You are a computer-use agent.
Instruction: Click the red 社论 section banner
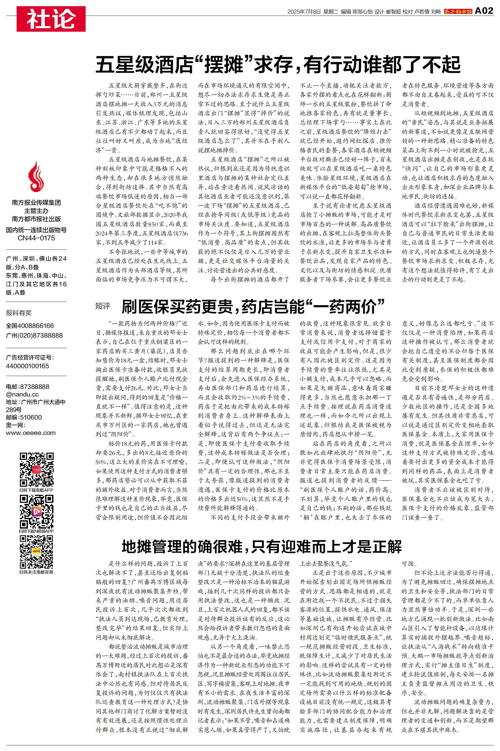(x=51, y=19)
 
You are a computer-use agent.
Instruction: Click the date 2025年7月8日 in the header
(x=304, y=12)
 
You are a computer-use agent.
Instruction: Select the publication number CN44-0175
(x=36, y=238)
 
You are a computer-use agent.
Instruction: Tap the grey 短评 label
(x=103, y=306)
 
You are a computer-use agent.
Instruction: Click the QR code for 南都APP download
(x=36, y=469)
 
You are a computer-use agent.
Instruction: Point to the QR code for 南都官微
(x=36, y=552)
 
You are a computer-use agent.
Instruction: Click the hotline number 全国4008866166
(x=30, y=326)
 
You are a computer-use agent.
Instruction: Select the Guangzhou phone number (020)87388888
(x=34, y=335)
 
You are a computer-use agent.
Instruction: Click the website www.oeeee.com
(x=31, y=433)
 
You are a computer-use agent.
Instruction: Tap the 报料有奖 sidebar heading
(x=19, y=313)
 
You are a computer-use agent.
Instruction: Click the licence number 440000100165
(x=27, y=366)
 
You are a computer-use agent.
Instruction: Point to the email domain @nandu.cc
(x=22, y=394)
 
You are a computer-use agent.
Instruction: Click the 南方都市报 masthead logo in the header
(x=458, y=12)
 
